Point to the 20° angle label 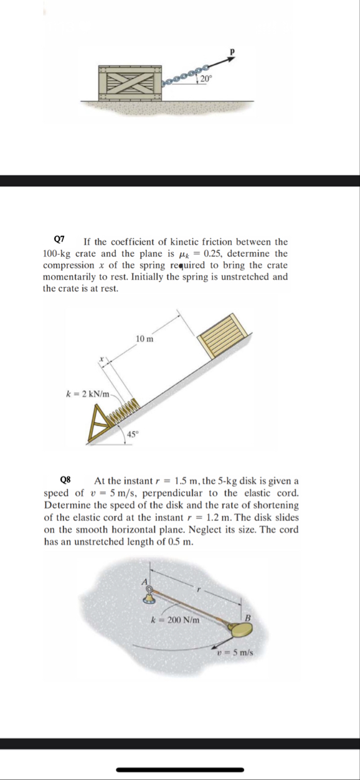tap(207, 78)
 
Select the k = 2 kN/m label tap(87, 393)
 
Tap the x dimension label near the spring tap(100, 359)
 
